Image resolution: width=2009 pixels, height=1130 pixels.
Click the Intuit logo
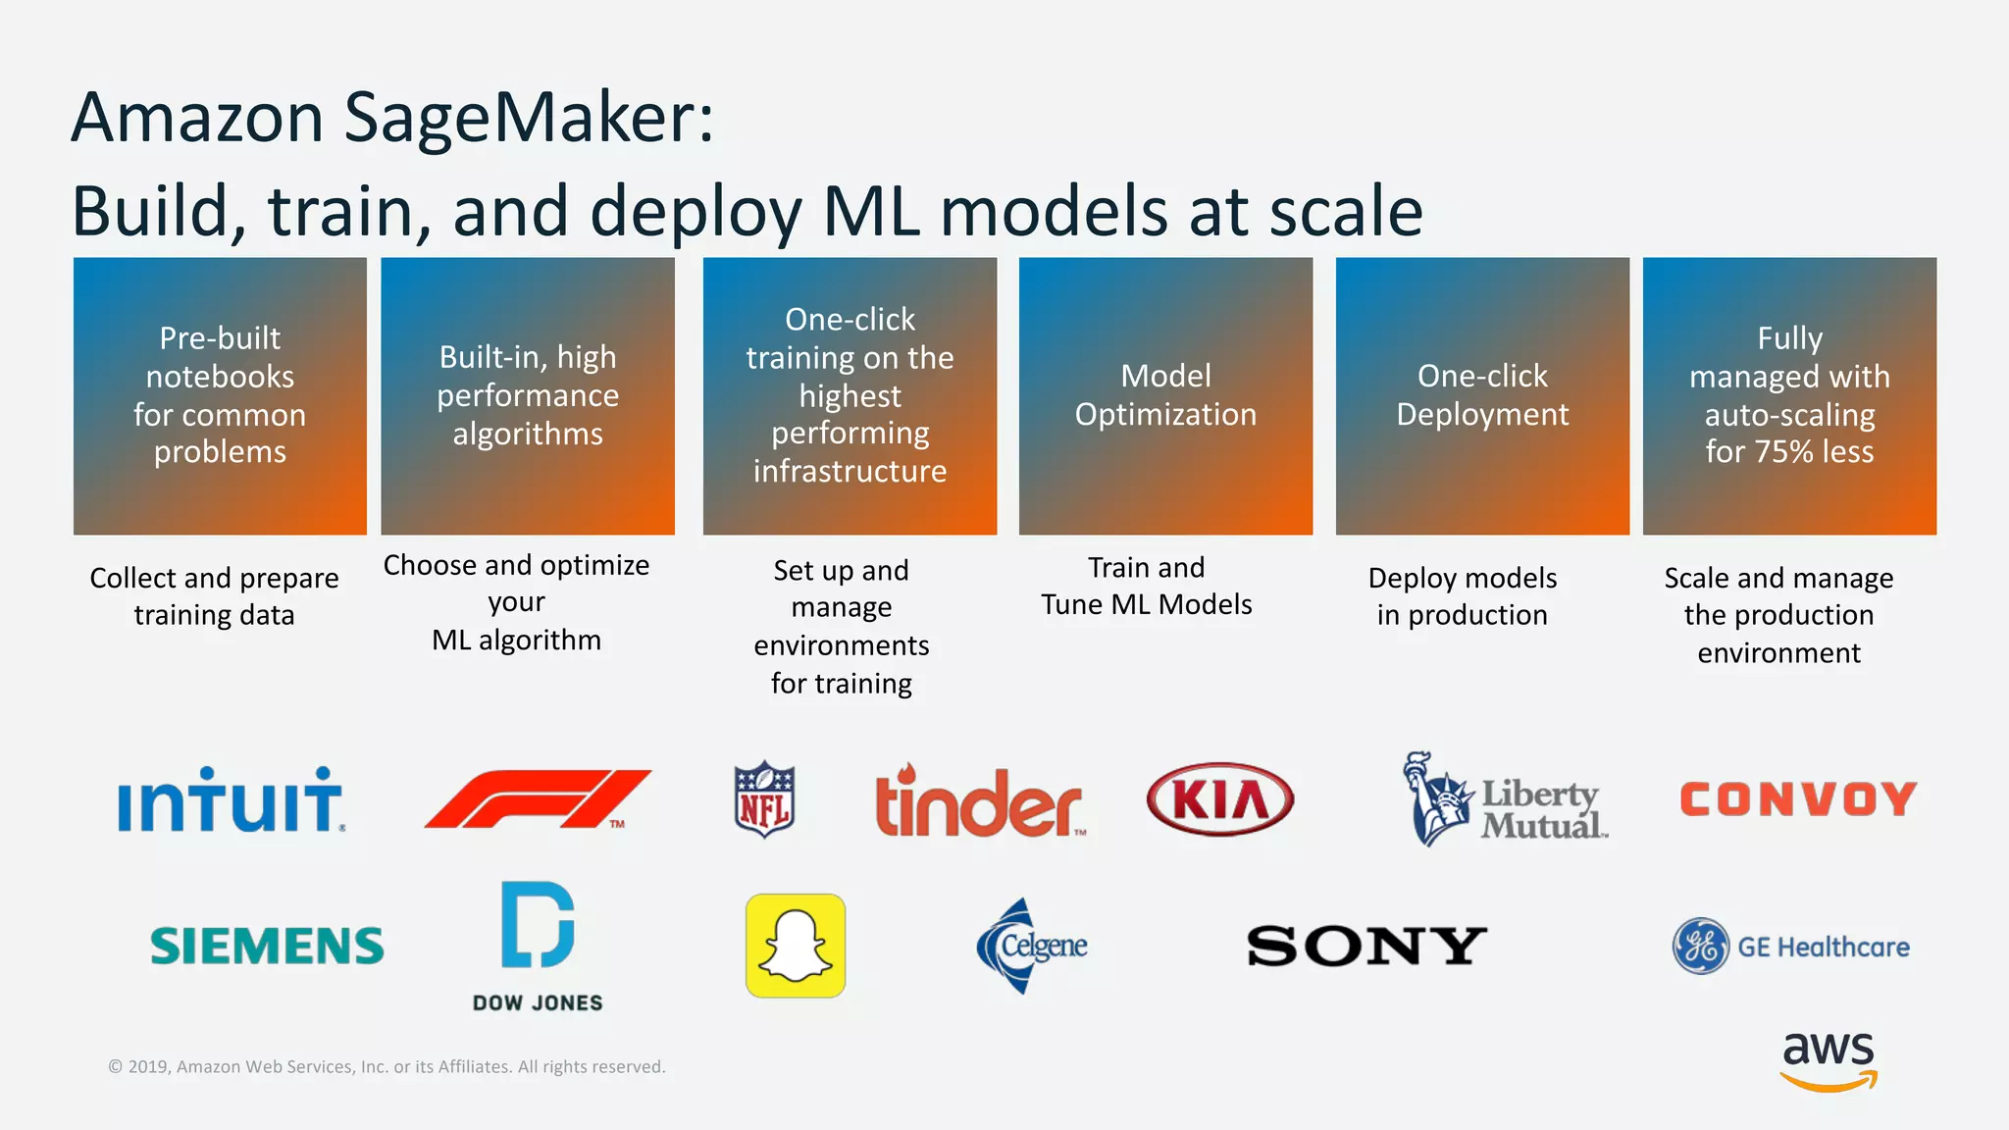tap(231, 800)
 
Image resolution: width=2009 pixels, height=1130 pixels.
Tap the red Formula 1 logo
tap(538, 799)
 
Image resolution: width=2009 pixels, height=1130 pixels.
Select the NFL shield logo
tap(764, 799)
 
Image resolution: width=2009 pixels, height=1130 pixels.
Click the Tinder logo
tap(979, 802)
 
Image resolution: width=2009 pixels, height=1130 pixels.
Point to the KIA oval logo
tap(1219, 799)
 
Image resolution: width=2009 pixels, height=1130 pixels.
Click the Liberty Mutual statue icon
tap(1437, 799)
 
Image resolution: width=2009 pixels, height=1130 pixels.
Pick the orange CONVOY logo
tap(1798, 798)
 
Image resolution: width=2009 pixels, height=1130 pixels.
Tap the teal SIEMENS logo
tap(267, 946)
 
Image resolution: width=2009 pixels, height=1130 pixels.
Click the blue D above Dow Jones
tap(537, 924)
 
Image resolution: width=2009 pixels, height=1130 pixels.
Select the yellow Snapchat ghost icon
tap(796, 946)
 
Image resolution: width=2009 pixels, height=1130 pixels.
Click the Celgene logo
tap(1032, 946)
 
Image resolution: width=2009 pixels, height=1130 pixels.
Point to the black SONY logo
tap(1366, 946)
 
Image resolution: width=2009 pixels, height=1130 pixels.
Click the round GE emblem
tap(1700, 946)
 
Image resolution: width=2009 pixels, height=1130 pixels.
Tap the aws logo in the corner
tap(1828, 1059)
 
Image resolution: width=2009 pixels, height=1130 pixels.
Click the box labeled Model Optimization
tap(1165, 395)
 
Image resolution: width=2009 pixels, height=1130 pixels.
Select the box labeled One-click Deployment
tap(1482, 395)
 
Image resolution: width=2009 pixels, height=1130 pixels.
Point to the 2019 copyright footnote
tap(386, 1066)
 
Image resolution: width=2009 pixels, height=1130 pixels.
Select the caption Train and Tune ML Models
tap(1146, 586)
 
